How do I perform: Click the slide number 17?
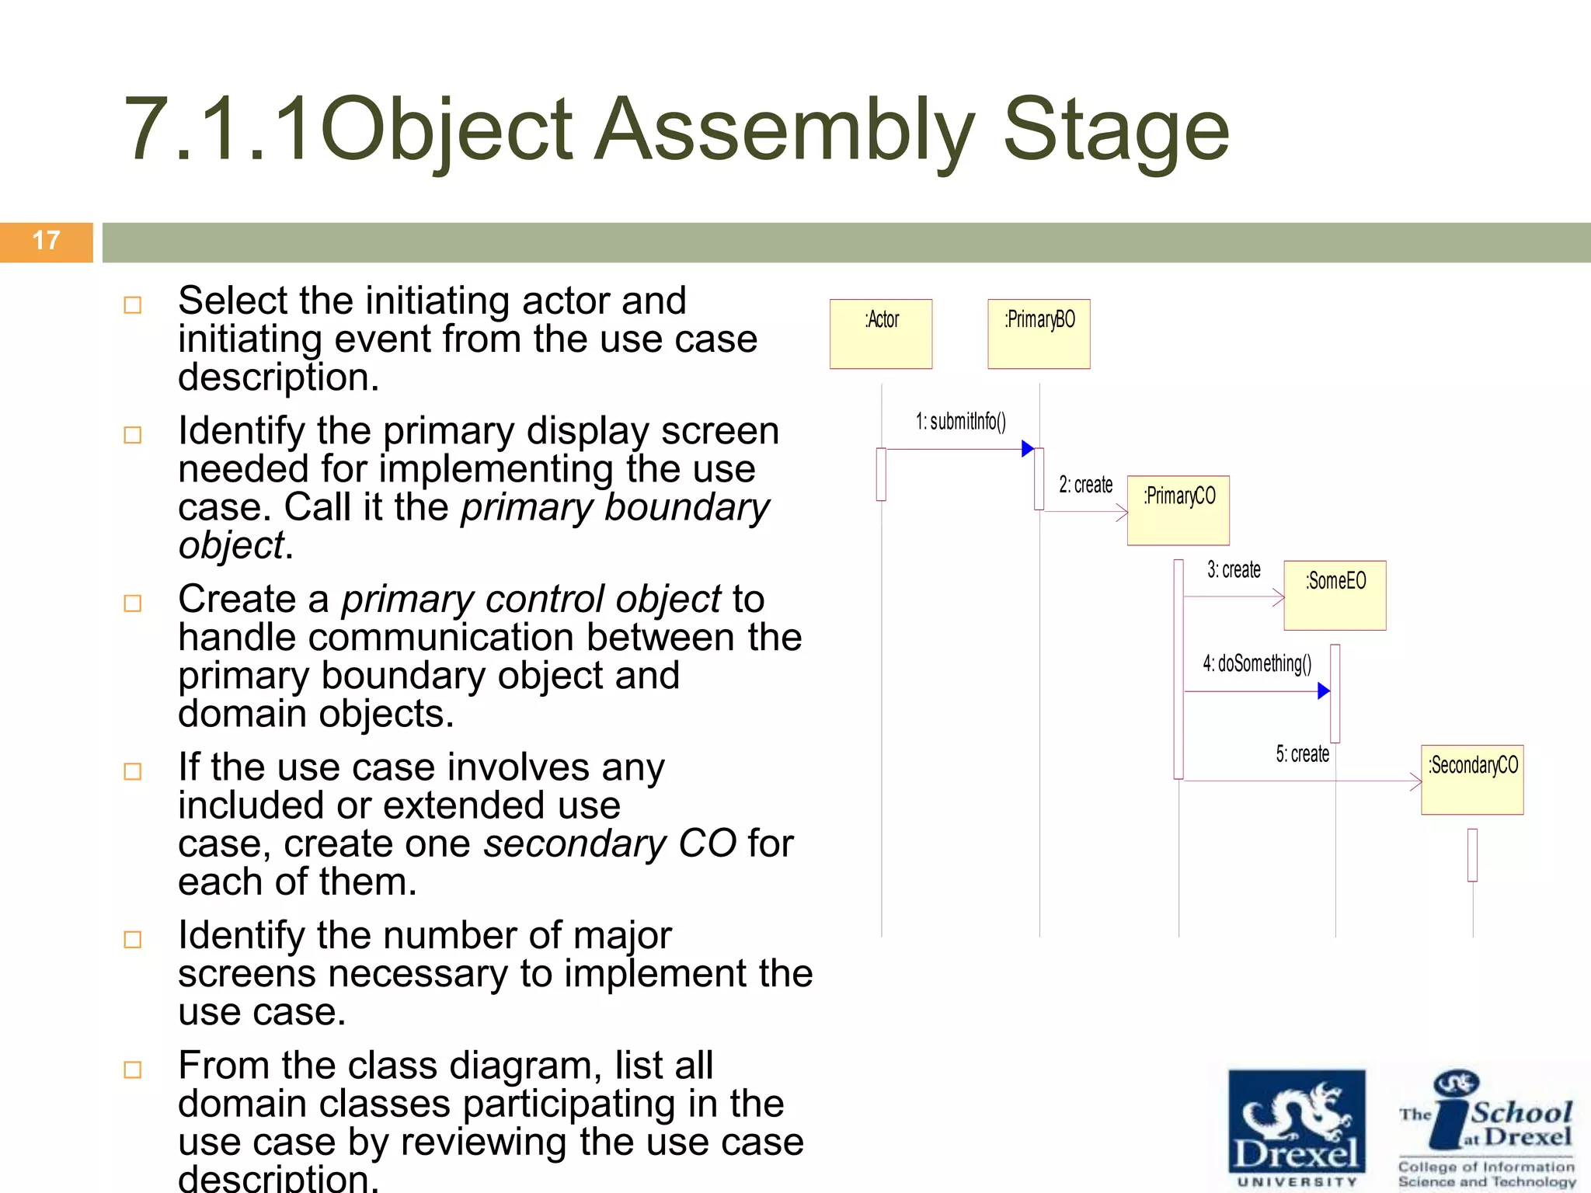tap(47, 241)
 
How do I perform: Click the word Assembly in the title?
tap(784, 130)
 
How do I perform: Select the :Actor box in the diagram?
tap(881, 334)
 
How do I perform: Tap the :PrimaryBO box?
tap(1039, 334)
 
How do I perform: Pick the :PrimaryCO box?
tap(1178, 510)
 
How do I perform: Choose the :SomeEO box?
tap(1335, 595)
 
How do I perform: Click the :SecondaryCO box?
tap(1472, 779)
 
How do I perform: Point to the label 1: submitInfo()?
tap(960, 422)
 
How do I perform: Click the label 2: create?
tap(1085, 485)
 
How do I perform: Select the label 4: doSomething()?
tap(1257, 663)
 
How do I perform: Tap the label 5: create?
tap(1302, 754)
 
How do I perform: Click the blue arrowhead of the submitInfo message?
tap(1027, 449)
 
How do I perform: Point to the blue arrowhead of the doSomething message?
tap(1324, 690)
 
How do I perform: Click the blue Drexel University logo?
tap(1297, 1129)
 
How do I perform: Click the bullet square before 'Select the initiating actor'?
tap(133, 304)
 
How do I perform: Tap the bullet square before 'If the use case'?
tap(133, 771)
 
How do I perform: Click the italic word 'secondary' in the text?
tap(571, 844)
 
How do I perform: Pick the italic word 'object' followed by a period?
tap(232, 546)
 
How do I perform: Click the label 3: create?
tap(1234, 570)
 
